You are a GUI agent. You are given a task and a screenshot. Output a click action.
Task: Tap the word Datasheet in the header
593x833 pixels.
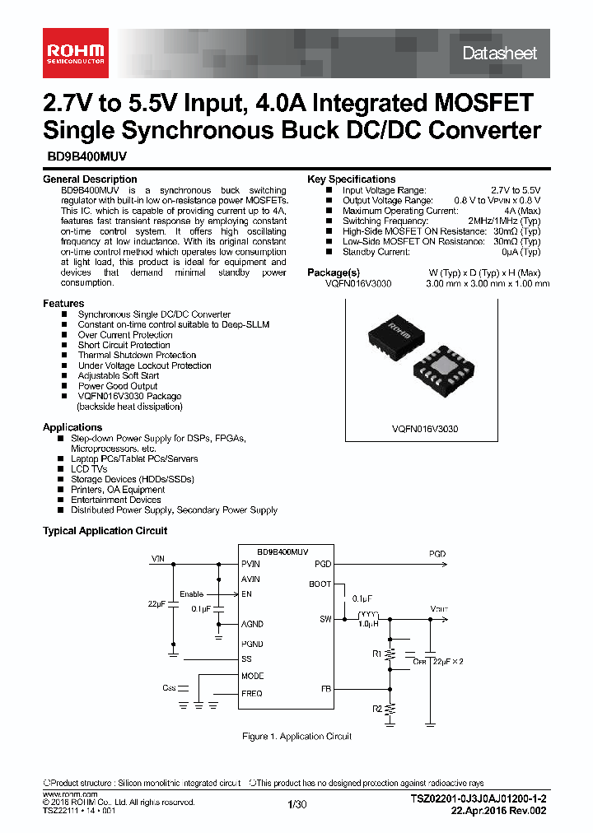(499, 54)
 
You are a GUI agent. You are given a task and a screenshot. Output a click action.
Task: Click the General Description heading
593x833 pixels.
(90, 179)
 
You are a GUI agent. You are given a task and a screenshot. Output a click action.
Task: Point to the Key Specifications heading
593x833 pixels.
(351, 179)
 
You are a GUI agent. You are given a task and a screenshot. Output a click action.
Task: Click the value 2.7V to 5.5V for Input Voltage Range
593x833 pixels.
(516, 190)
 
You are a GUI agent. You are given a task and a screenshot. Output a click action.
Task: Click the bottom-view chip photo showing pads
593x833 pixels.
(445, 371)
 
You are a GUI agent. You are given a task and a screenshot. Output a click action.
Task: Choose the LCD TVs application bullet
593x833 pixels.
(88, 469)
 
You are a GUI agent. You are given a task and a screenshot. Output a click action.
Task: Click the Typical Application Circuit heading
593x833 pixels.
(105, 531)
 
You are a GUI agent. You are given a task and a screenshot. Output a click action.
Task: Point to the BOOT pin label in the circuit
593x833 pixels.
(320, 584)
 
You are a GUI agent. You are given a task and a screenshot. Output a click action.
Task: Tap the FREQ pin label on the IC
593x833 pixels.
(252, 693)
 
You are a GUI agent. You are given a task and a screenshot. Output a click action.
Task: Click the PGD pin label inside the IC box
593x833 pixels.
(323, 564)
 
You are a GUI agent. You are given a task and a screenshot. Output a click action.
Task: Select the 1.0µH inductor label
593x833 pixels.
(368, 625)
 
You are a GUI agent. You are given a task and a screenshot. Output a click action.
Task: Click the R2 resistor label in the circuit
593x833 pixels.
(377, 708)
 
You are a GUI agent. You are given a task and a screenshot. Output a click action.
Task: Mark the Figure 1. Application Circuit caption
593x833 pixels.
(296, 736)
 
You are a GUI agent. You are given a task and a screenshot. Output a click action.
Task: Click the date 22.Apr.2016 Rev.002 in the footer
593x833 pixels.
(498, 811)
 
